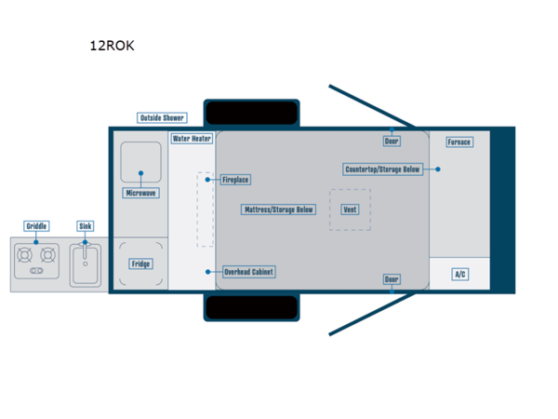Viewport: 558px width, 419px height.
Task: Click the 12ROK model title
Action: (112, 45)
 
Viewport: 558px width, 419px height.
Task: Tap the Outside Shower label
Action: (162, 118)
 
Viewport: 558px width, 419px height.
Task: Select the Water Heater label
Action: (193, 139)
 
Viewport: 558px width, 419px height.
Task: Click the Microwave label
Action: (141, 193)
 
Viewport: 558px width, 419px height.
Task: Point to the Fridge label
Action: (140, 264)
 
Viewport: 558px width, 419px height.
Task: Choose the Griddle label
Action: (37, 226)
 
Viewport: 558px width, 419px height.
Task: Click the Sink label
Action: (86, 226)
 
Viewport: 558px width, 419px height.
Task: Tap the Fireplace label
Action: (234, 180)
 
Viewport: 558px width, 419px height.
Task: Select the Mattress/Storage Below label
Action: (279, 209)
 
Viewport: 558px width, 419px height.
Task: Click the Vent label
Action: (350, 209)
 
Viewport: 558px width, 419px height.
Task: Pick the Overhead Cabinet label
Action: (249, 272)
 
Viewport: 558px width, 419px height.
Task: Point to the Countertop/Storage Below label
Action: (383, 169)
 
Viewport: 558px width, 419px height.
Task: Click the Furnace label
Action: (458, 142)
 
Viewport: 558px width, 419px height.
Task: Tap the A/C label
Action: (459, 274)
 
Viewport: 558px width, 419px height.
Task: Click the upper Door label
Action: (392, 142)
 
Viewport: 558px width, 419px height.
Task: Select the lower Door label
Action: (392, 279)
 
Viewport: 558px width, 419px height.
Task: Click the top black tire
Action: (251, 113)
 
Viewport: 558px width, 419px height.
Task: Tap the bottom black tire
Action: (251, 307)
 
